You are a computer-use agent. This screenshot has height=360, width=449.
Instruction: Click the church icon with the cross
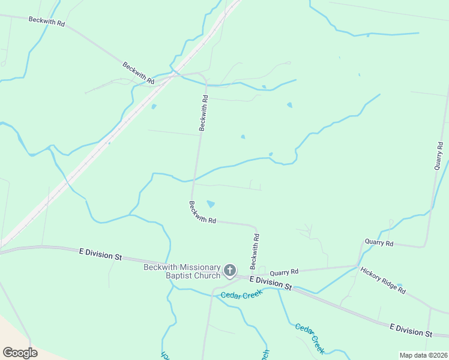229,271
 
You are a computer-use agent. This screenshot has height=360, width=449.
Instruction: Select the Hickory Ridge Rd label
383,280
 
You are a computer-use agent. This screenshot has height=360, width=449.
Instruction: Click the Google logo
20,352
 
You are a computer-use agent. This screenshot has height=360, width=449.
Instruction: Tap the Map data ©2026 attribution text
424,355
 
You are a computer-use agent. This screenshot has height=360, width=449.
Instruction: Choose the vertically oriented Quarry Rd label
439,155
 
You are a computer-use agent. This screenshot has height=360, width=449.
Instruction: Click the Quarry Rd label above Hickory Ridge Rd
379,243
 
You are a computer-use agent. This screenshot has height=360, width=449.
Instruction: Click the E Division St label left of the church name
100,254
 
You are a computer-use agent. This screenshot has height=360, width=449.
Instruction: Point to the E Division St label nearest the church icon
270,283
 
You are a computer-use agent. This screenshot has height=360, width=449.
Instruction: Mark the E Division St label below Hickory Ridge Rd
411,329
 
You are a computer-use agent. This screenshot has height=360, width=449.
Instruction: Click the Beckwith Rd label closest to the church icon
255,251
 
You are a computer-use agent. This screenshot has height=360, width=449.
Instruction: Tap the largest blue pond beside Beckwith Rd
210,204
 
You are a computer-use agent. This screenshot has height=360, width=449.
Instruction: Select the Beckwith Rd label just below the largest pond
202,212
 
